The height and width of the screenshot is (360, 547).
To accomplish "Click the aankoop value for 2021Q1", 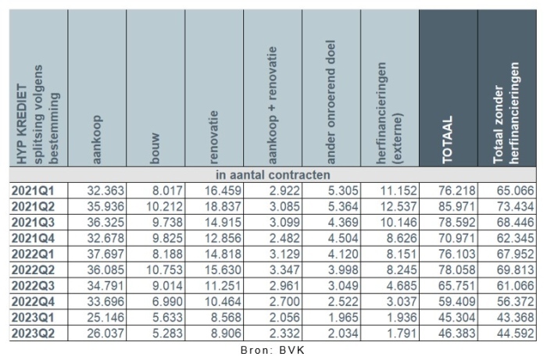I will (x=102, y=188).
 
